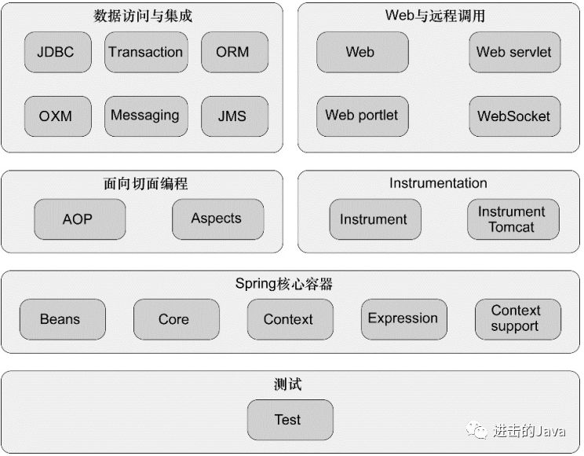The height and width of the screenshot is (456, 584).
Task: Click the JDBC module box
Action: click(x=58, y=52)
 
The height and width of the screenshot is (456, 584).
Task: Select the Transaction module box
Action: click(x=146, y=52)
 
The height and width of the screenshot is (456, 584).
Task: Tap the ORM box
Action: click(x=235, y=52)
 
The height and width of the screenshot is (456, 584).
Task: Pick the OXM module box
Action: click(x=58, y=116)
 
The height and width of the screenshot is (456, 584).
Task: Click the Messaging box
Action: click(x=146, y=116)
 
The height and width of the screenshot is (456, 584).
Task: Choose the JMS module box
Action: click(x=235, y=116)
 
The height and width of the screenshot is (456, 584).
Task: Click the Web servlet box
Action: click(x=515, y=52)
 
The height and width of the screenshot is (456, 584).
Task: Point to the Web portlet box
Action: click(x=363, y=116)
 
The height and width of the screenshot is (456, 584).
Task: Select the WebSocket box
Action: click(x=515, y=116)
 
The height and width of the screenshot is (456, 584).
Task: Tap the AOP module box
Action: click(x=80, y=219)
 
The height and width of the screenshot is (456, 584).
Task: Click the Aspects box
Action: click(x=218, y=219)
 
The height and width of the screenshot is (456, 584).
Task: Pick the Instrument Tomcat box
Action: click(x=513, y=219)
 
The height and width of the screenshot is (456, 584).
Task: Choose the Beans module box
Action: click(x=63, y=319)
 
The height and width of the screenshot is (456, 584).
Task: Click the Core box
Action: click(x=177, y=319)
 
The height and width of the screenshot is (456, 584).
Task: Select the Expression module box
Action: click(x=404, y=319)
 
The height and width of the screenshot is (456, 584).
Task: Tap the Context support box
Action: click(x=518, y=319)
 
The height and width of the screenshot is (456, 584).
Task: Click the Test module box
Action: click(x=290, y=420)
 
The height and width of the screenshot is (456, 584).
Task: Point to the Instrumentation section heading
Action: click(x=438, y=183)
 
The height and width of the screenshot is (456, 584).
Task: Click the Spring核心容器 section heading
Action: click(x=284, y=284)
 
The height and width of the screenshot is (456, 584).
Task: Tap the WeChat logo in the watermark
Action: click(x=476, y=430)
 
